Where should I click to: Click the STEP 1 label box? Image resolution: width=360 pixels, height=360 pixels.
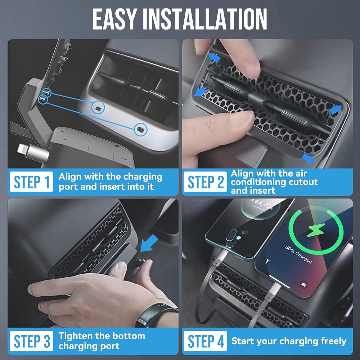(x=31, y=181)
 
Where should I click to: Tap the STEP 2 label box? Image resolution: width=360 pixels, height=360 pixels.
(x=205, y=181)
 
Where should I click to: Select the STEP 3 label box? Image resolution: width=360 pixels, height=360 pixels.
(x=31, y=341)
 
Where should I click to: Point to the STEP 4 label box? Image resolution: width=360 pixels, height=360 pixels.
(x=205, y=341)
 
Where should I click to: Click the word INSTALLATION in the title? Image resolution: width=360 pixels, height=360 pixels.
(x=205, y=19)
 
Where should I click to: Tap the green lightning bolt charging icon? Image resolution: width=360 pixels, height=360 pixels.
(x=316, y=230)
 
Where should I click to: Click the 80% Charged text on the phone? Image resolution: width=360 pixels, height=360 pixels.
(x=298, y=255)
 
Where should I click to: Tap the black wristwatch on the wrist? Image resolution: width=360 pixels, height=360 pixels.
(x=156, y=315)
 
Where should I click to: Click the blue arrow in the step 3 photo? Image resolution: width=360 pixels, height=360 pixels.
(x=149, y=244)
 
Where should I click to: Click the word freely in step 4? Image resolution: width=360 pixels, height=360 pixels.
(x=333, y=341)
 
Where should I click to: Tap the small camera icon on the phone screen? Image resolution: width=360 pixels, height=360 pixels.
(x=304, y=285)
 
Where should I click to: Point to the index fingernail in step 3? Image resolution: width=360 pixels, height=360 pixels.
(x=120, y=267)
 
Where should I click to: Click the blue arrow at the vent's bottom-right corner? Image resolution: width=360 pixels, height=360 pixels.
(x=308, y=158)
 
